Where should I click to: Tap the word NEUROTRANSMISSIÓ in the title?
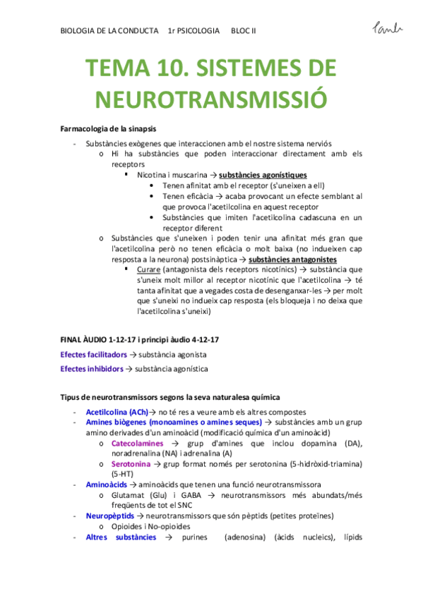(x=211, y=99)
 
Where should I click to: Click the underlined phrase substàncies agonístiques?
(x=263, y=174)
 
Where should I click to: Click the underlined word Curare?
(x=148, y=269)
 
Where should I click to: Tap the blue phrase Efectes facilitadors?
(x=94, y=354)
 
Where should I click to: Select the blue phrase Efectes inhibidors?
(x=92, y=368)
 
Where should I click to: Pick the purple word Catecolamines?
(x=138, y=443)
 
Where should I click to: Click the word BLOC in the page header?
(x=241, y=31)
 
